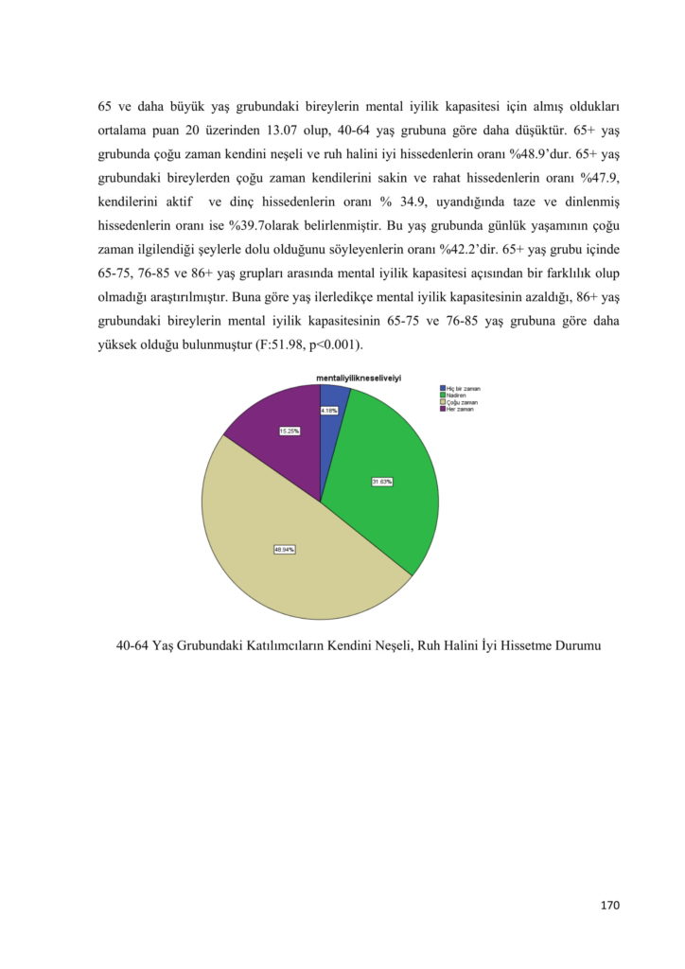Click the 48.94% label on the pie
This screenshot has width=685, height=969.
(284, 550)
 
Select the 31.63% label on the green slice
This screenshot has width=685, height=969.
(382, 482)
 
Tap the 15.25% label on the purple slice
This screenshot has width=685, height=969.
(290, 431)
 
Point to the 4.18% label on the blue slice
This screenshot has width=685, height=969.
(329, 411)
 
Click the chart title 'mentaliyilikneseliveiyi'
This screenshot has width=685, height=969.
(359, 378)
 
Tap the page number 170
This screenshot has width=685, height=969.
(609, 906)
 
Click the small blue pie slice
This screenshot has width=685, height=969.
(332, 397)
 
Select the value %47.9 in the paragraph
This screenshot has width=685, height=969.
(600, 177)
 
